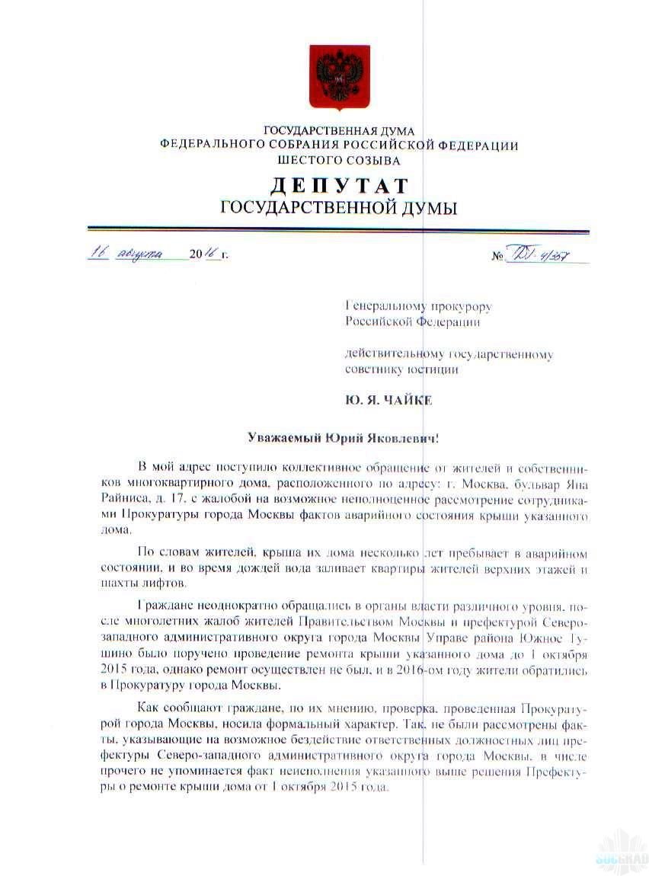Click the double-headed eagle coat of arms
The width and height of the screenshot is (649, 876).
point(339,77)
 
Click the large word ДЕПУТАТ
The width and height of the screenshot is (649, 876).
point(339,185)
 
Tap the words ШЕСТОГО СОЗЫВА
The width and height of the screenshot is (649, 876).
point(339,160)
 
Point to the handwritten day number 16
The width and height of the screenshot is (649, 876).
point(98,253)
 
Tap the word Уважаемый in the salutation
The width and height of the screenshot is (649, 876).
point(282,438)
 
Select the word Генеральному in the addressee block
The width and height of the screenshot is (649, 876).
point(383,306)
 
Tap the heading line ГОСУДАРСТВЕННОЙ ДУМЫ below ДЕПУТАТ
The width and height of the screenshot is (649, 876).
point(339,208)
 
